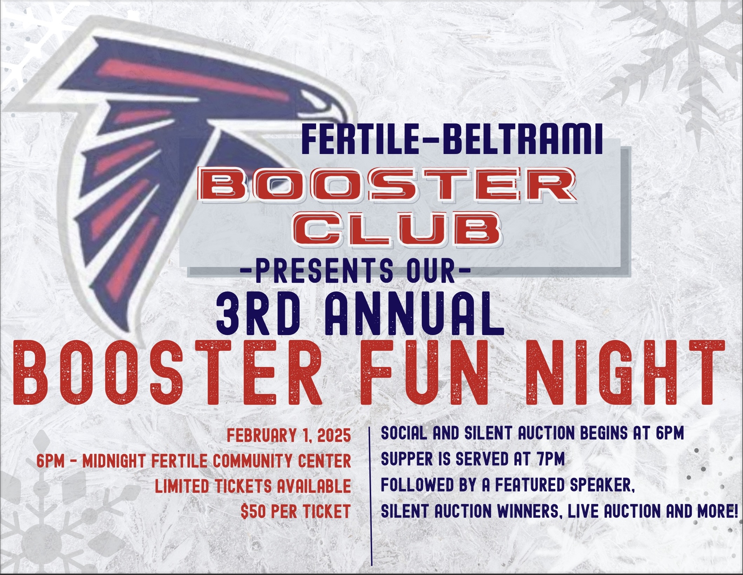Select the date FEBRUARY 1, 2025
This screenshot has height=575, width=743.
point(289,436)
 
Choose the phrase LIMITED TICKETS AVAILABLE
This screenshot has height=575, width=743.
point(253,486)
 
